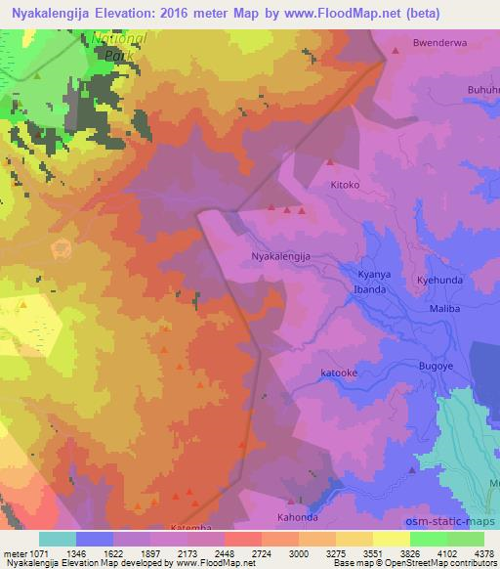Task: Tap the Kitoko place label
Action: [345, 184]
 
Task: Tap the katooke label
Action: [341, 372]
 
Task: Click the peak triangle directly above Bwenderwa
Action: [396, 50]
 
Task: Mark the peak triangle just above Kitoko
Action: [330, 162]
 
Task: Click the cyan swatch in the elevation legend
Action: [58, 539]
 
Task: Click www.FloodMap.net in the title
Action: [315, 14]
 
